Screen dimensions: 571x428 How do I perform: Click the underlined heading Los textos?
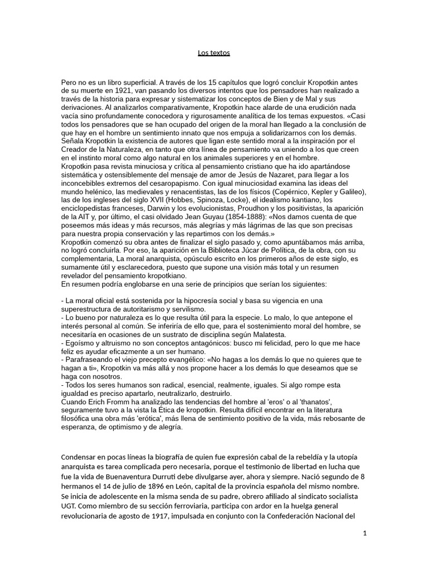[214, 53]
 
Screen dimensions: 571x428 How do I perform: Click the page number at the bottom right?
[364, 533]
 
